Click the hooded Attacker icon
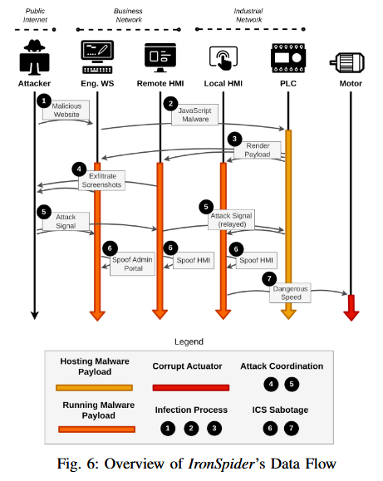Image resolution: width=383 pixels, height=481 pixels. [35, 56]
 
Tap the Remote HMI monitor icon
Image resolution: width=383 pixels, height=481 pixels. [160, 56]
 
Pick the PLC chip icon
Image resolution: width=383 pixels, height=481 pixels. [287, 56]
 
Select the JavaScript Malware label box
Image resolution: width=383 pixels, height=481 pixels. [195, 115]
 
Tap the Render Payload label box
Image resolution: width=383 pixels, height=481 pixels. [258, 150]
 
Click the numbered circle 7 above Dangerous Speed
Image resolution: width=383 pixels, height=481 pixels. [268, 277]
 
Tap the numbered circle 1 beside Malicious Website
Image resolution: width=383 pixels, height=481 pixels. [44, 100]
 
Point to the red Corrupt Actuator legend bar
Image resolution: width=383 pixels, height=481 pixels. [191, 386]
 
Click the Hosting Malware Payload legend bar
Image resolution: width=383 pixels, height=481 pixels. [94, 386]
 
